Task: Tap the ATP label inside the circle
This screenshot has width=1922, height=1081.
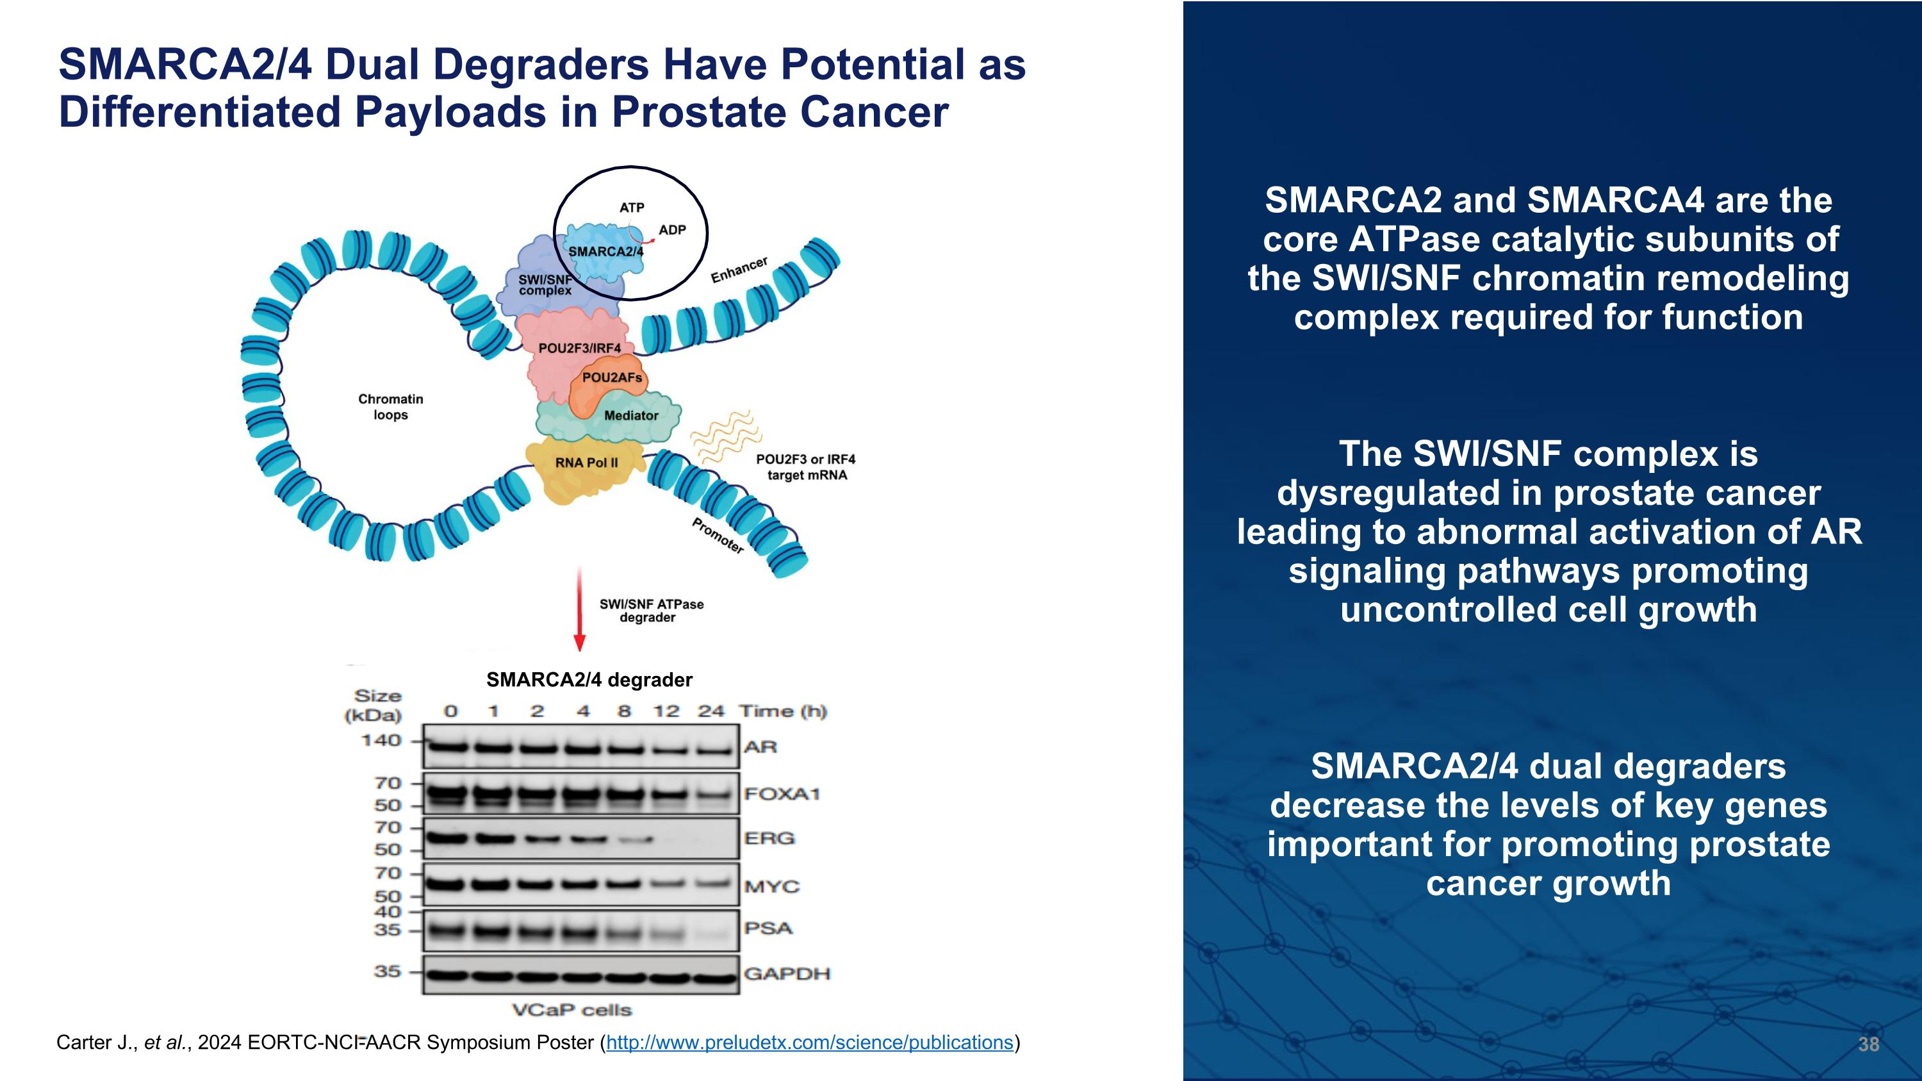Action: [631, 208]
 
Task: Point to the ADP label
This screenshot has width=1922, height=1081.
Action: [671, 230]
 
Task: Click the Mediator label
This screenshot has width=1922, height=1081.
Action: [630, 415]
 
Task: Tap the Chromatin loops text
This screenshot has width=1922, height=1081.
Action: [390, 407]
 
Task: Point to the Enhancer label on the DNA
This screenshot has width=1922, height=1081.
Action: [739, 270]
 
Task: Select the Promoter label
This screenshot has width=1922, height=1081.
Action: [717, 536]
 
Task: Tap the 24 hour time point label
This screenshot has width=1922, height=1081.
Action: [710, 711]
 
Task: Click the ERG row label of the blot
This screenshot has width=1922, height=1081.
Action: [769, 839]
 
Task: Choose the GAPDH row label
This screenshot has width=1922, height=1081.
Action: [786, 973]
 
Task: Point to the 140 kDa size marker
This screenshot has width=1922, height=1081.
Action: [381, 741]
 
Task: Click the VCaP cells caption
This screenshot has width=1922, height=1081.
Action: [571, 1010]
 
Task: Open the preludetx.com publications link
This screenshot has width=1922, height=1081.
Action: [809, 1042]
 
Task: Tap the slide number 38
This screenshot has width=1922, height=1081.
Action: [1868, 1044]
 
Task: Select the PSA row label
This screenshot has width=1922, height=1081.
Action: [768, 928]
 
